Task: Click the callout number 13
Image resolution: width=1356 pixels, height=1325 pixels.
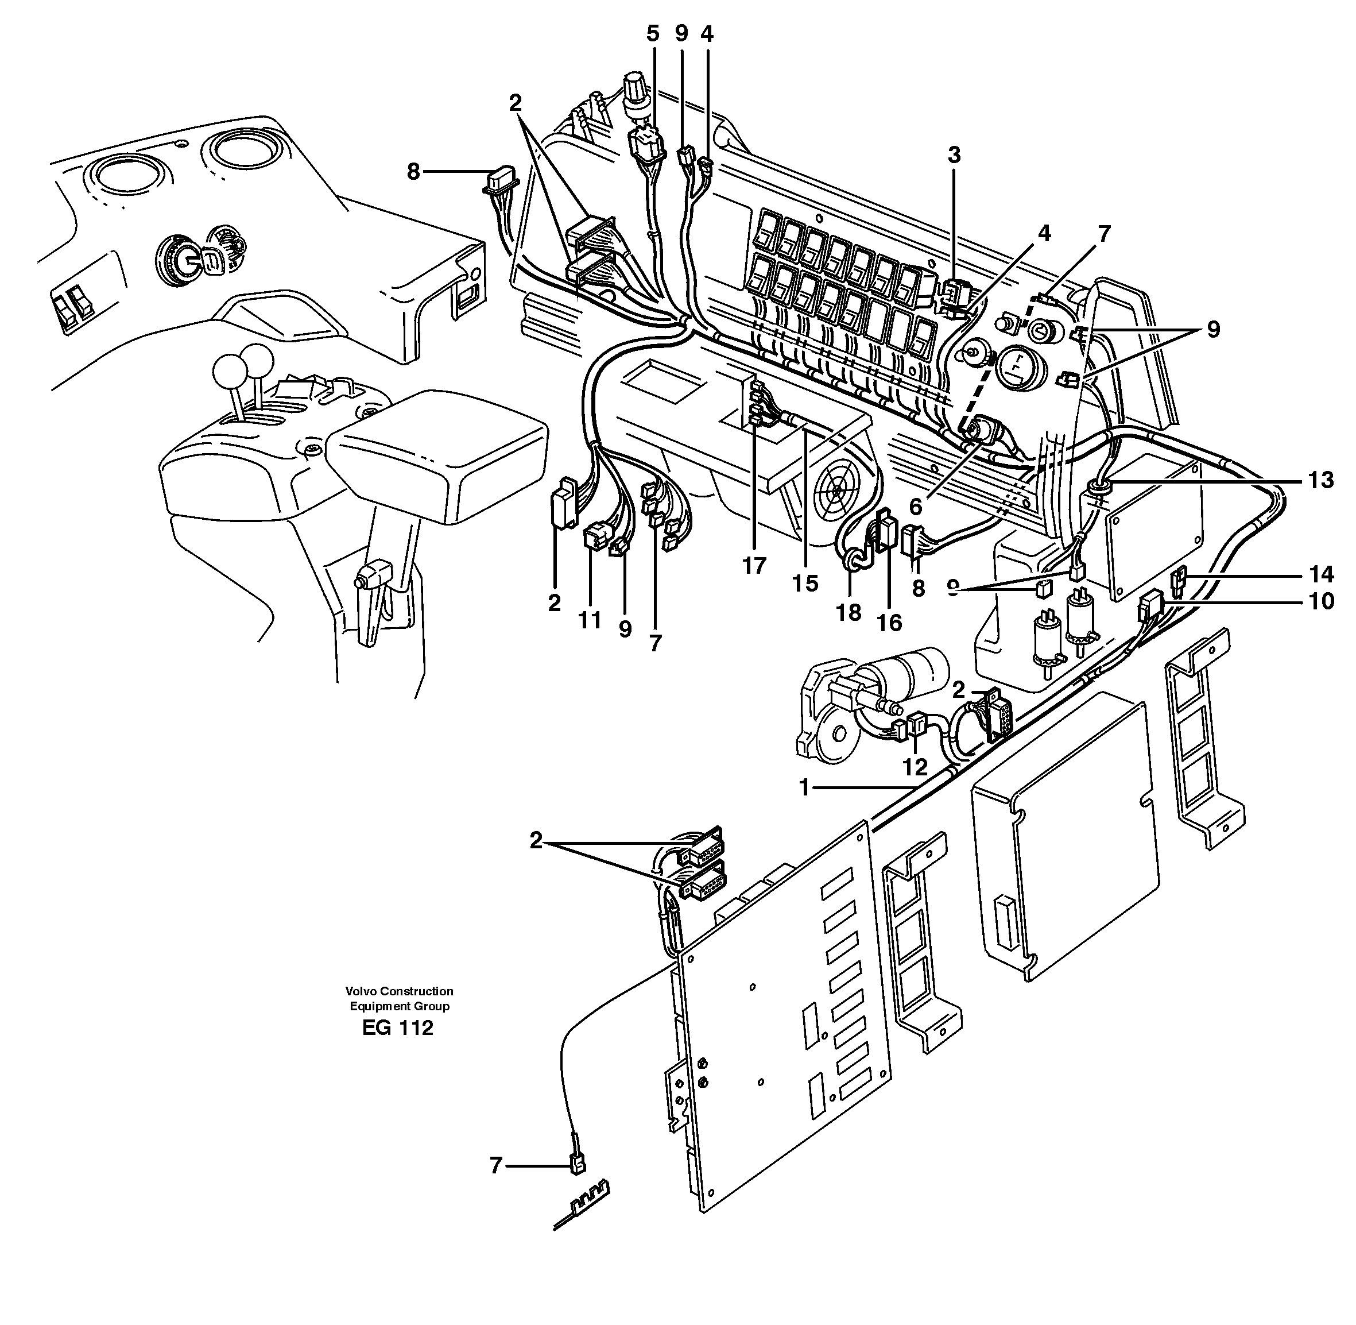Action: click(1320, 480)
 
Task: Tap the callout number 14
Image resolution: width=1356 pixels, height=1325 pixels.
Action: click(1320, 574)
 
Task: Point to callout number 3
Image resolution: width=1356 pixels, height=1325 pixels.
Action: click(954, 155)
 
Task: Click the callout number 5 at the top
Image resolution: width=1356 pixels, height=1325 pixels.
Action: click(652, 33)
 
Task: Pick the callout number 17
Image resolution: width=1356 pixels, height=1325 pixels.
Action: click(753, 566)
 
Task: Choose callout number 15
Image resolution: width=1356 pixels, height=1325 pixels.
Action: click(805, 583)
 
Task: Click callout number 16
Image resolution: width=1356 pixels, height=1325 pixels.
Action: click(889, 621)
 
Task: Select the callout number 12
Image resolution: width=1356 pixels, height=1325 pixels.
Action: click(915, 767)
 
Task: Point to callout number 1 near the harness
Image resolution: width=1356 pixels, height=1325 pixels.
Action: click(804, 788)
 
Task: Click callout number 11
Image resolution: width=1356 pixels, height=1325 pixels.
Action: click(590, 620)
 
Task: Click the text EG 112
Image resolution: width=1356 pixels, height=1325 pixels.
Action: click(397, 1028)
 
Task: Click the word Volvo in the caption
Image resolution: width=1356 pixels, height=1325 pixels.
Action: click(359, 991)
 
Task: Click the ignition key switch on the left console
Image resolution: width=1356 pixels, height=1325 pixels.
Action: click(183, 260)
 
